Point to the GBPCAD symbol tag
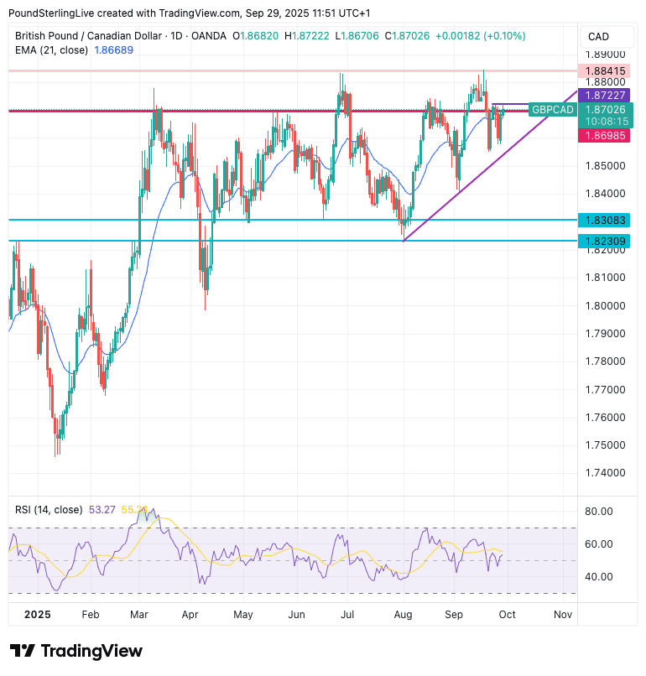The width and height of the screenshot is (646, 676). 553,110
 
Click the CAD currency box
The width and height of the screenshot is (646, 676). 599,36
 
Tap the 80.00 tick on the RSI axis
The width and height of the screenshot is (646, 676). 599,512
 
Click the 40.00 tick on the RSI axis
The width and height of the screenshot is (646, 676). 599,577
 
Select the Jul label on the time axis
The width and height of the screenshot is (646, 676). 346,615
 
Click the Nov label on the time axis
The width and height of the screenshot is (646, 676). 563,615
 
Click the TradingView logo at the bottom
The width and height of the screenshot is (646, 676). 76,651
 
